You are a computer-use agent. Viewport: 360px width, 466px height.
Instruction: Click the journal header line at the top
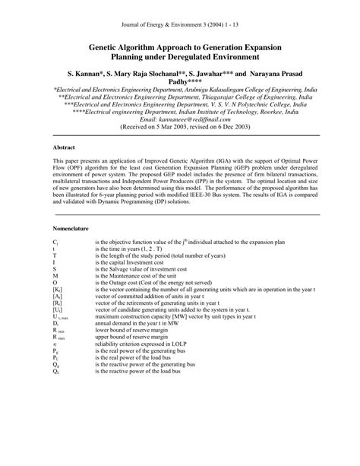click(179, 24)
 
